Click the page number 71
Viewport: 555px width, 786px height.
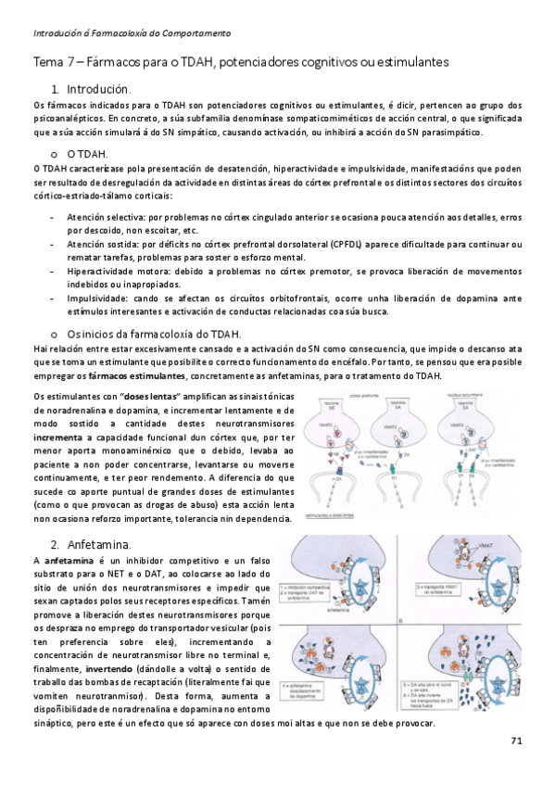517,742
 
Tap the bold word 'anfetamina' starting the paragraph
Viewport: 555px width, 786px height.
68,561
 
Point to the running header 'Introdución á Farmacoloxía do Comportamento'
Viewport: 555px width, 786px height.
132,33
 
